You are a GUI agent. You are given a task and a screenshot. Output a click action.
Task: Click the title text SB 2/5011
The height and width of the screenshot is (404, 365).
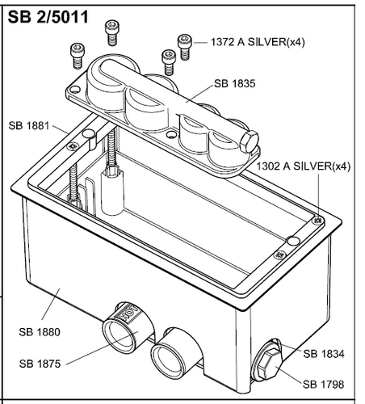(x=47, y=15)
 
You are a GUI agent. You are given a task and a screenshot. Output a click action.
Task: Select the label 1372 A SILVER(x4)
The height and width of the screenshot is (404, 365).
(x=257, y=40)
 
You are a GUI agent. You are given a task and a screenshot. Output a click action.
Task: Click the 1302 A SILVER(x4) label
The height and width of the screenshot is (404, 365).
(x=305, y=166)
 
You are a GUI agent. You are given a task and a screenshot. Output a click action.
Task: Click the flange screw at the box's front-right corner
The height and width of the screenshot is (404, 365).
(x=280, y=255)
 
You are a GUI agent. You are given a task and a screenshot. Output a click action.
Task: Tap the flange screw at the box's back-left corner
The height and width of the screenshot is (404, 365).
(x=73, y=145)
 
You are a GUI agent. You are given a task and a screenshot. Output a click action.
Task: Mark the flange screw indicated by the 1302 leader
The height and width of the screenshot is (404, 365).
(x=317, y=219)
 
